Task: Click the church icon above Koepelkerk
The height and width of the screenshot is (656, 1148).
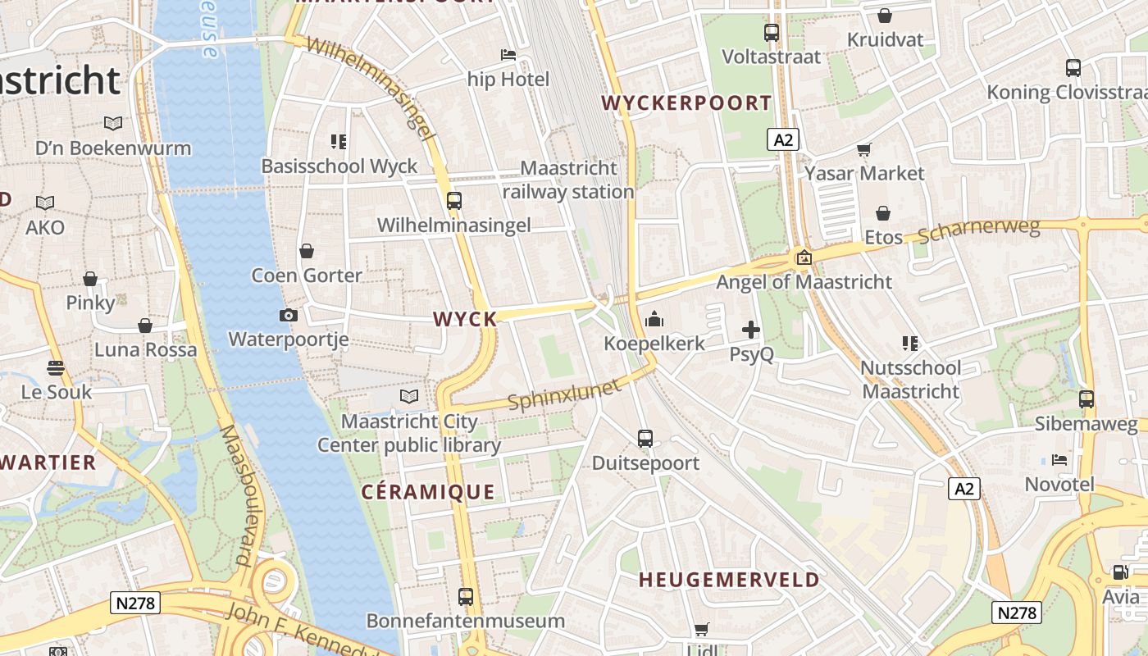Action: pyautogui.click(x=654, y=319)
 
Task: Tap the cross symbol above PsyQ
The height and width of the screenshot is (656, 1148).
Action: pyautogui.click(x=750, y=330)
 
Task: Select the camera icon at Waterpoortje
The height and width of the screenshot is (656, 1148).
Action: pyautogui.click(x=288, y=315)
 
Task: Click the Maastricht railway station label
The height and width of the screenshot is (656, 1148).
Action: pyautogui.click(x=568, y=180)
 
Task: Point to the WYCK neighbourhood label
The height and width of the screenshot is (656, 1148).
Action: pyautogui.click(x=465, y=319)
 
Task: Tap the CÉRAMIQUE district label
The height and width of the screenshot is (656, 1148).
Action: pyautogui.click(x=428, y=492)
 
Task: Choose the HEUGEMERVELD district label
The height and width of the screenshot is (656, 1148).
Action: pyautogui.click(x=729, y=580)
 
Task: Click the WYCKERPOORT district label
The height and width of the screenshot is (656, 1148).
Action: pyautogui.click(x=686, y=103)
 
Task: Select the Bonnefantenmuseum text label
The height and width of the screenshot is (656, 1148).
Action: pyautogui.click(x=465, y=621)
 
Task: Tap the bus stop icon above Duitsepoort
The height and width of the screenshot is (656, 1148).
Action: pyautogui.click(x=645, y=439)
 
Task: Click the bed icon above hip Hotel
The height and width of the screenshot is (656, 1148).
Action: pyautogui.click(x=508, y=56)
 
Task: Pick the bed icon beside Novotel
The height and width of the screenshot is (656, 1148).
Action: pyautogui.click(x=1059, y=460)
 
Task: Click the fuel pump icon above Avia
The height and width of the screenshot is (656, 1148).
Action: pyautogui.click(x=1120, y=572)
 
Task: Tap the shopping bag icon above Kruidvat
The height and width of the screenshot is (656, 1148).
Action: pyautogui.click(x=885, y=16)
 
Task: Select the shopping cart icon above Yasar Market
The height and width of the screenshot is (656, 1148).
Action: pyautogui.click(x=863, y=149)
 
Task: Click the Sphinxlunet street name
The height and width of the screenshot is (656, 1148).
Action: pyautogui.click(x=564, y=394)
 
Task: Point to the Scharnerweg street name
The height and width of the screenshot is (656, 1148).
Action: pyautogui.click(x=979, y=231)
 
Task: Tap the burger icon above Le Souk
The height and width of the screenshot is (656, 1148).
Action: pyautogui.click(x=56, y=368)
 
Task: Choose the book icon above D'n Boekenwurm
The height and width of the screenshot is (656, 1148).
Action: pyautogui.click(x=113, y=124)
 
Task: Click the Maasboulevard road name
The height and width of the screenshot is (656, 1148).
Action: pyautogui.click(x=236, y=496)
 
